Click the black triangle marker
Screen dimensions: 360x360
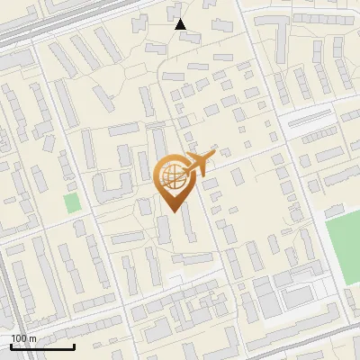[181, 24]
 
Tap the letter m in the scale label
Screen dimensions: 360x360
[34, 338]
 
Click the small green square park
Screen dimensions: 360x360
[72, 203]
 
